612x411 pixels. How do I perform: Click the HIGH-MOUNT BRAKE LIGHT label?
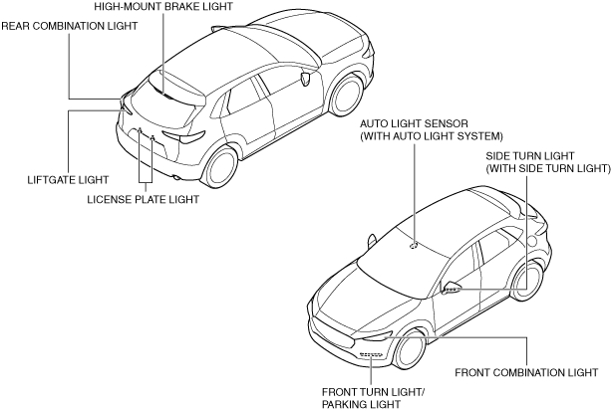(x=163, y=6)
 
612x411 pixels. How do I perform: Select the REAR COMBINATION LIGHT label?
(x=68, y=26)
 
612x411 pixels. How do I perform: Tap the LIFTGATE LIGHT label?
(x=68, y=180)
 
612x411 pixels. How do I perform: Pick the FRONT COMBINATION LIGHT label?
(x=525, y=373)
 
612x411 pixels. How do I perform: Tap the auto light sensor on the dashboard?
(x=414, y=243)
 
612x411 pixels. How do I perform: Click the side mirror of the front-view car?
(x=452, y=288)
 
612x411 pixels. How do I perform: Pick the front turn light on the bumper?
(x=371, y=354)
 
